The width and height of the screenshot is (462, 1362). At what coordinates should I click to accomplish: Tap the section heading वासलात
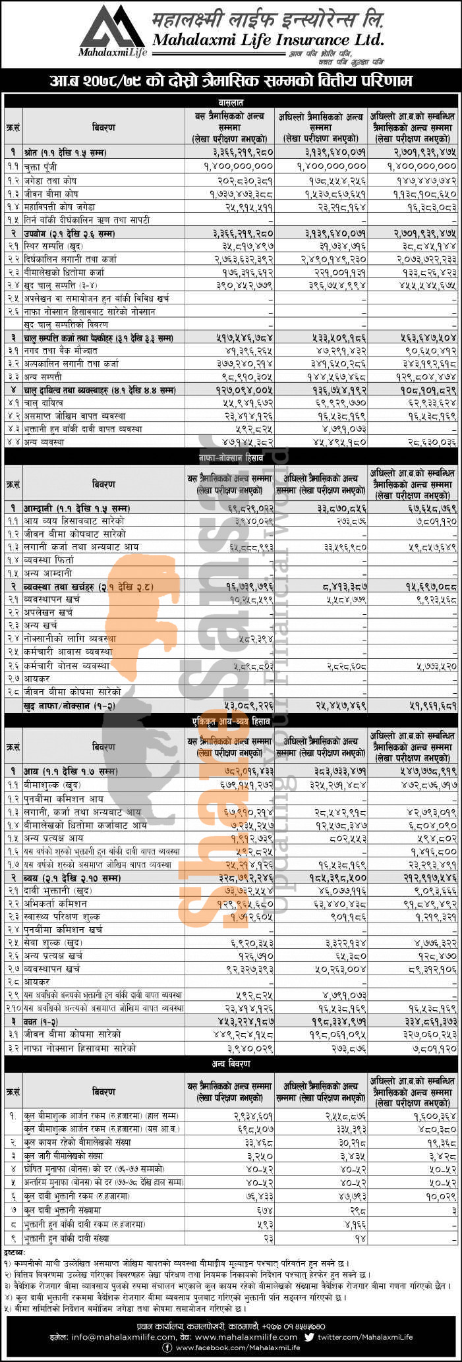point(231,101)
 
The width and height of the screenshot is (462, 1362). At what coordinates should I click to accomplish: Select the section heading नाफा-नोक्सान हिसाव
point(231,456)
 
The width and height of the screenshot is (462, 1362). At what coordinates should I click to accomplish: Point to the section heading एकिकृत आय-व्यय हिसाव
point(231,722)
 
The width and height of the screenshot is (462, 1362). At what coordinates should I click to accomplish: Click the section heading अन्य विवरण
point(231,1064)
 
